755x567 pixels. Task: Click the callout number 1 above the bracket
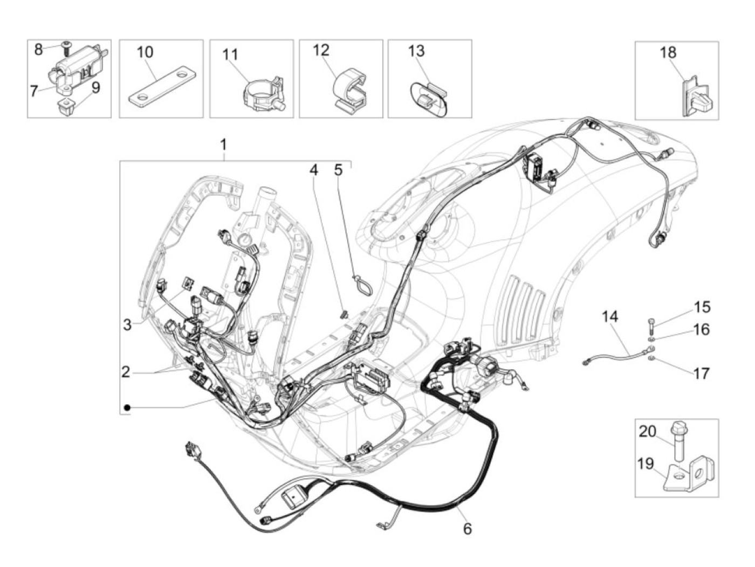(x=223, y=145)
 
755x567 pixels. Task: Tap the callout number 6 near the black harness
(x=467, y=529)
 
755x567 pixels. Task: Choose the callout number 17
(x=701, y=373)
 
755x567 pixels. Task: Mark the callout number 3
(x=127, y=324)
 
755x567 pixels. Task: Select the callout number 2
(x=126, y=372)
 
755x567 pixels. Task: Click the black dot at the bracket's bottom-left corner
(x=126, y=407)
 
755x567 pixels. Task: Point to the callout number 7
(x=34, y=92)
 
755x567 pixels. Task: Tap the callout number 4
(x=313, y=170)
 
